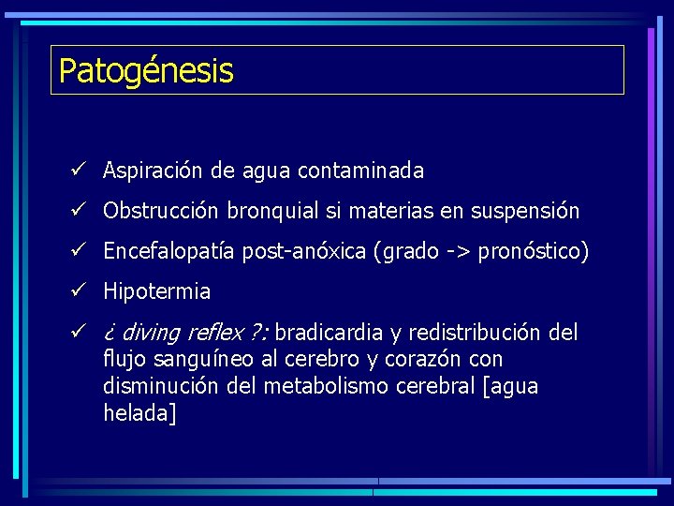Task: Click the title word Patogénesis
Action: tap(145, 71)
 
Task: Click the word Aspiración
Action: tap(153, 171)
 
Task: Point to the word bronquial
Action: tap(272, 212)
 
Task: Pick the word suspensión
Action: tap(524, 212)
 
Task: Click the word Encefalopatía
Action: tap(169, 252)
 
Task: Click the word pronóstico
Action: tap(529, 252)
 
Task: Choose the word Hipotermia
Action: tap(156, 292)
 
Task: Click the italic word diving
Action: tap(151, 333)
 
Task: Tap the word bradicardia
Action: tap(329, 333)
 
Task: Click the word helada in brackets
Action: tap(137, 413)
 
